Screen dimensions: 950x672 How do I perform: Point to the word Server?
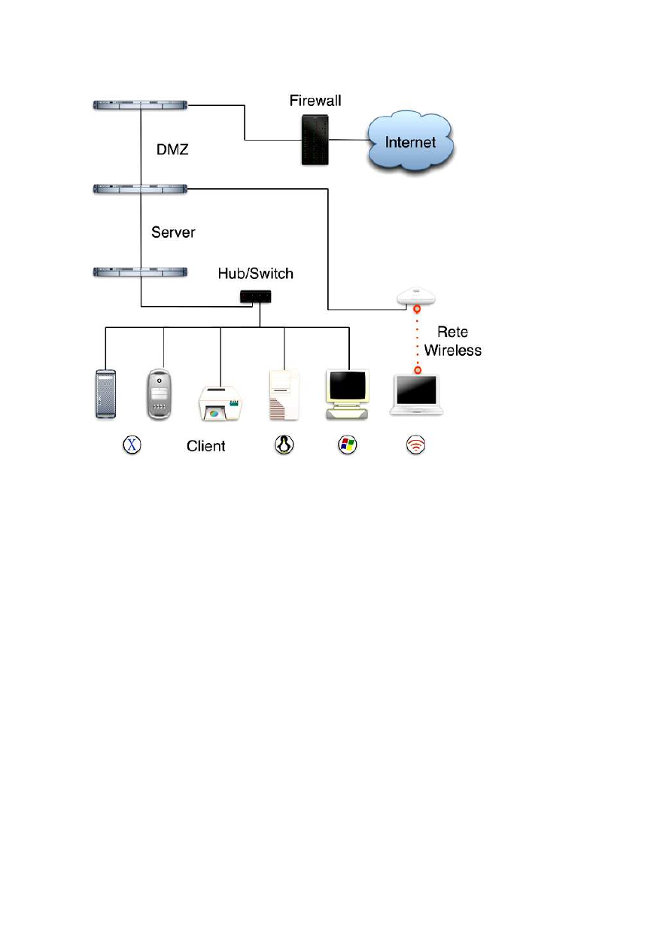(173, 232)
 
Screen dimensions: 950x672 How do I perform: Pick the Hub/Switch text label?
(257, 274)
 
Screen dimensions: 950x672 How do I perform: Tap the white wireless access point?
(417, 296)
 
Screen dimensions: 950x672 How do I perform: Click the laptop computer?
(415, 394)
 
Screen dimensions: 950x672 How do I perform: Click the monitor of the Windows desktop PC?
(348, 385)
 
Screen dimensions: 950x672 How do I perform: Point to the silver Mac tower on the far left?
(105, 393)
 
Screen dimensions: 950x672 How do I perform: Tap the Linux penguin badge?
(283, 445)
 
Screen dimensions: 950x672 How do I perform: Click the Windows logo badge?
(347, 445)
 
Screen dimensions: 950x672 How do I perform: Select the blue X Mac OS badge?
(132, 445)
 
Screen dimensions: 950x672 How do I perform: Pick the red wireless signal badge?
(415, 445)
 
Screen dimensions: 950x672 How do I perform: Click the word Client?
(205, 446)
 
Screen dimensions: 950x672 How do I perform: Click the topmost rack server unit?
(139, 106)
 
